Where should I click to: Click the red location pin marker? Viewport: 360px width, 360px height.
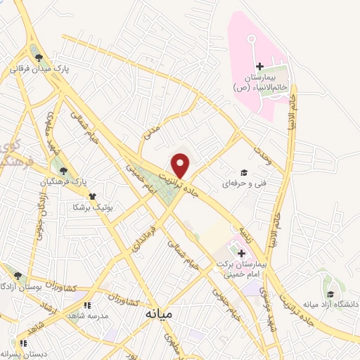tap(181, 166)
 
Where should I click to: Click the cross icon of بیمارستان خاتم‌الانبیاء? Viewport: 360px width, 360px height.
tap(259, 66)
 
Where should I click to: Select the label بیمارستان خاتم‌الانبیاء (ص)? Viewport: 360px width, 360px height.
tap(260, 84)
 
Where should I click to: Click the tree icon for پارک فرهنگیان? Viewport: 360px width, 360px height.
tap(64, 170)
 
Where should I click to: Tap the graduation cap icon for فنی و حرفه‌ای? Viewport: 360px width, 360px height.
tap(244, 172)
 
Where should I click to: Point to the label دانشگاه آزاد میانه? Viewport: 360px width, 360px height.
tap(330, 304)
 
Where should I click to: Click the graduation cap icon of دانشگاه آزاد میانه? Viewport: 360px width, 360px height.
tap(329, 294)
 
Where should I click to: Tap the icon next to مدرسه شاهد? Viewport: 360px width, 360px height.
tap(87, 305)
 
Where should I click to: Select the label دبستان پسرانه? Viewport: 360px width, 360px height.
tap(25, 354)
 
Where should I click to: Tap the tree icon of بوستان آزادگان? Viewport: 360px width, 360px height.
tap(17, 276)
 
